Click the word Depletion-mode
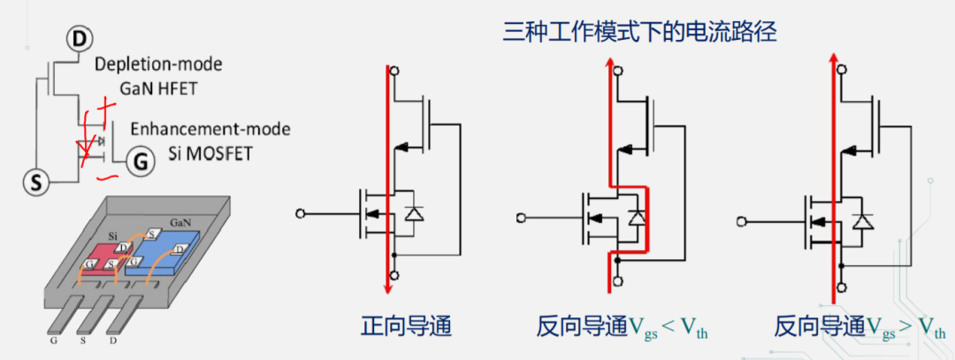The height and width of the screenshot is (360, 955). pos(158,65)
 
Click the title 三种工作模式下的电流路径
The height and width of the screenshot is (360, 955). pos(639,34)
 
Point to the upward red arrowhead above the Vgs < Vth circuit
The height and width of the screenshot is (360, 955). pos(609,60)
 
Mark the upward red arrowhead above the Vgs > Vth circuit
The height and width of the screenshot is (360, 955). pos(832,60)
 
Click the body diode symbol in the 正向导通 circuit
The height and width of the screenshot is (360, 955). pos(412,213)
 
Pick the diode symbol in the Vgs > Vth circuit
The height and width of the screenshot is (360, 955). pos(862,220)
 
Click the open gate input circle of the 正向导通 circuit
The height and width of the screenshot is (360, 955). pos(302,213)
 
